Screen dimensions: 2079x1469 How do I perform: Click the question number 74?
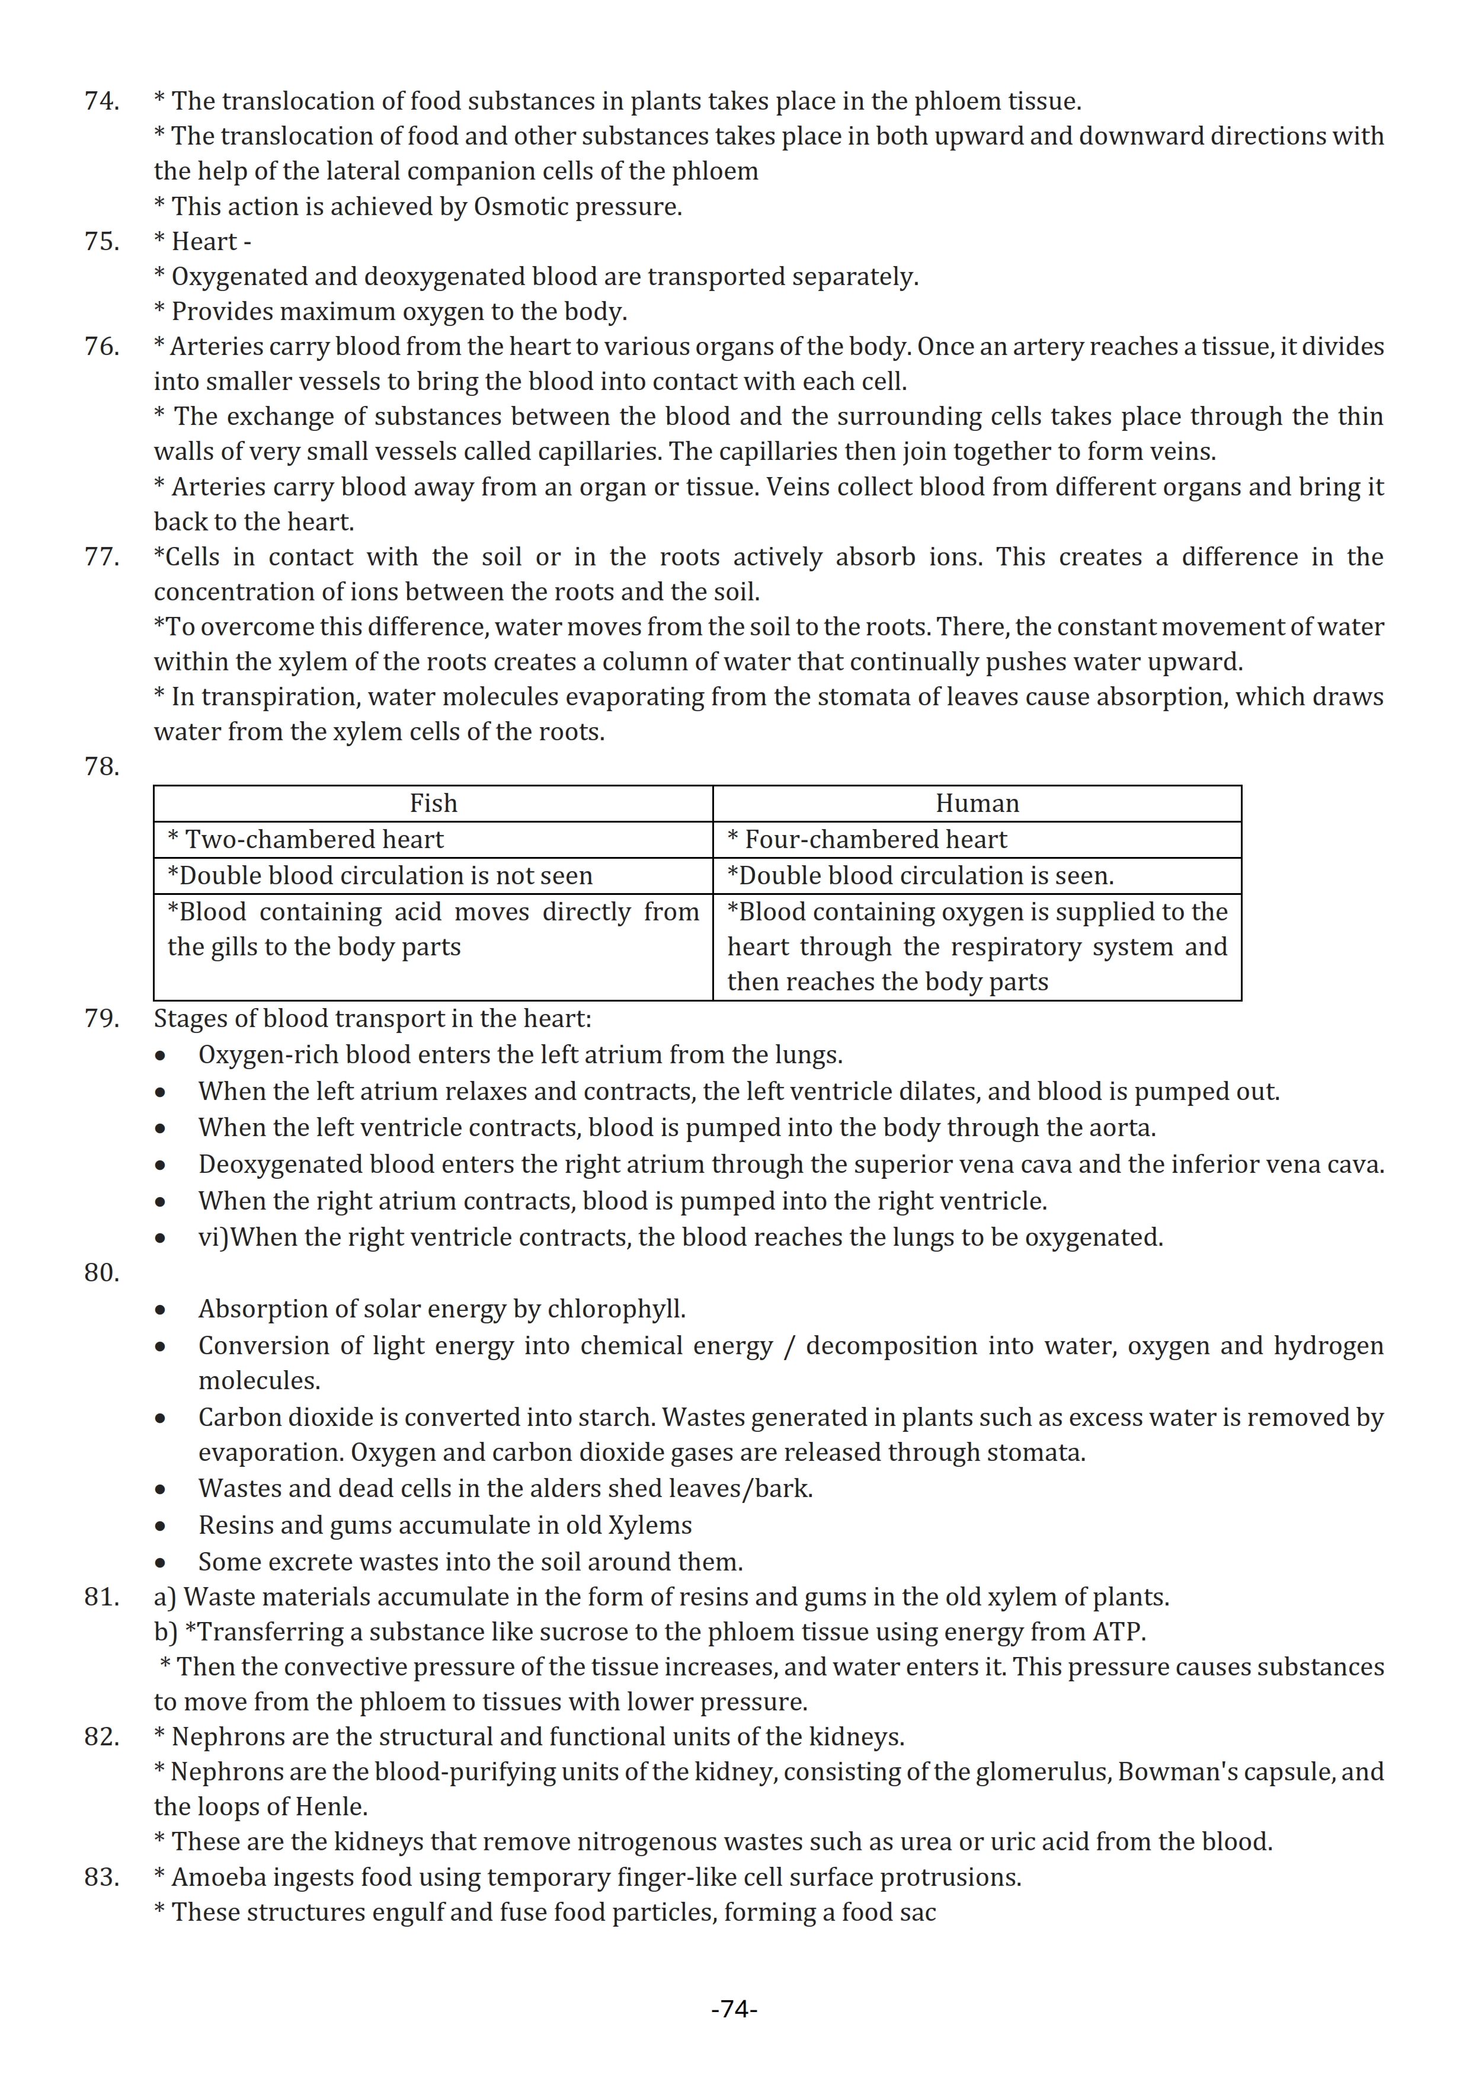pyautogui.click(x=101, y=101)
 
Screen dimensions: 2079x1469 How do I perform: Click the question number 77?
pyautogui.click(x=101, y=557)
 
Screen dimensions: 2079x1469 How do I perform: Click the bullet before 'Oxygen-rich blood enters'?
pyautogui.click(x=160, y=1057)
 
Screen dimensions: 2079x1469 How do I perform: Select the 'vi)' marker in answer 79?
pyautogui.click(x=213, y=1238)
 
